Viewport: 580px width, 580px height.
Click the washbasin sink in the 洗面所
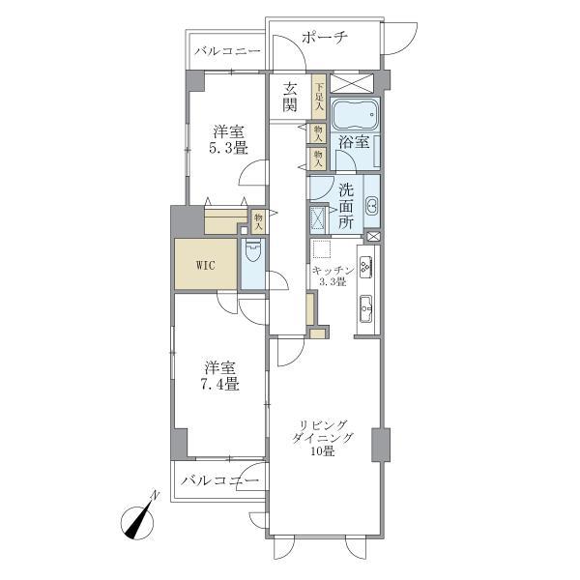pyautogui.click(x=371, y=204)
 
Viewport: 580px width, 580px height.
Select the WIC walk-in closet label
pyautogui.click(x=204, y=264)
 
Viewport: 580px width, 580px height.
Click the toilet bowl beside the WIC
pyautogui.click(x=252, y=256)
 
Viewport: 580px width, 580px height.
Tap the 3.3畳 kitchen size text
pyautogui.click(x=332, y=282)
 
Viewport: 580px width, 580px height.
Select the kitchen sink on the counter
pyautogui.click(x=366, y=309)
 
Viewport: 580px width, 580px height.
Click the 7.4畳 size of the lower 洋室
pyautogui.click(x=220, y=384)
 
